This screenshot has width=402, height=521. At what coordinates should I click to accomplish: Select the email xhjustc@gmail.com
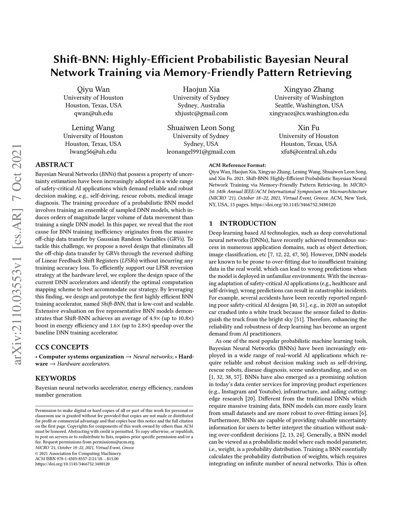click(201, 113)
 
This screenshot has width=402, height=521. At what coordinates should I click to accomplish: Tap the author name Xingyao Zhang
click(309, 89)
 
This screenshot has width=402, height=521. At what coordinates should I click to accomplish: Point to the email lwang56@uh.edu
click(93, 151)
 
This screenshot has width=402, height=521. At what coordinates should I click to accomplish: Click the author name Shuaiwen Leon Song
click(201, 128)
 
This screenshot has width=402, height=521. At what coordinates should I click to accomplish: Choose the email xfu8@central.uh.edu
click(309, 151)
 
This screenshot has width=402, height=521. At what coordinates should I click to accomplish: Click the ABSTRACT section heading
click(54, 165)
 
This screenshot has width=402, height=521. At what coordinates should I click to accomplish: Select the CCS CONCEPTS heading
click(62, 347)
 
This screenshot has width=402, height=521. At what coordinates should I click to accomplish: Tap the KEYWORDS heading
click(55, 378)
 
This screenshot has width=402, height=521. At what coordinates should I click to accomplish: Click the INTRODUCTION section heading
click(247, 223)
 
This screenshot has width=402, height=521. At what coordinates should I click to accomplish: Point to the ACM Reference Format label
click(237, 165)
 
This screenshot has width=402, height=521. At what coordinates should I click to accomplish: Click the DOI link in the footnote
click(73, 464)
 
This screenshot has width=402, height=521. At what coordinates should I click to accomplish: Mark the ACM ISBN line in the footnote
click(77, 458)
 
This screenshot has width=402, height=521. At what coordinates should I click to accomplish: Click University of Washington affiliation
click(309, 98)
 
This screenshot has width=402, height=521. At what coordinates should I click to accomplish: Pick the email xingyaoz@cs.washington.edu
click(309, 113)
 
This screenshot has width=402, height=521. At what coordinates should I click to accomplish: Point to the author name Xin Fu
click(309, 128)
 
